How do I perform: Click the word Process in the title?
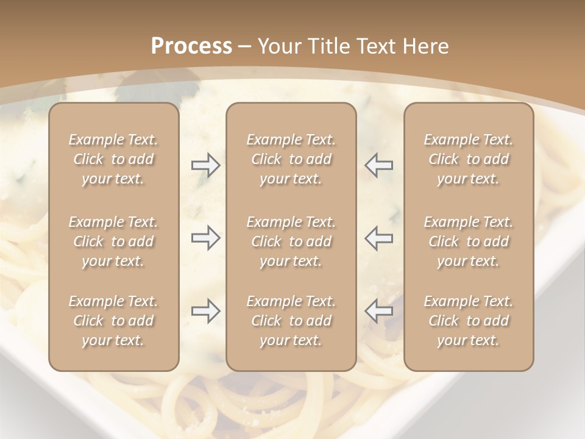click(191, 46)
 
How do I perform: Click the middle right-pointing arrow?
click(206, 238)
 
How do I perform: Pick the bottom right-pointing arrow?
click(206, 311)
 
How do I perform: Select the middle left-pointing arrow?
click(378, 238)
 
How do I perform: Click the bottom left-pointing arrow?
click(378, 311)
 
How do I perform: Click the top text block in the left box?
click(113, 159)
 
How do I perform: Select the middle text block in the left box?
click(113, 241)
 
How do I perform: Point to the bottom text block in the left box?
click(113, 321)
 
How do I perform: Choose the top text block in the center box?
click(291, 159)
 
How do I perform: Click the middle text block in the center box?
click(291, 241)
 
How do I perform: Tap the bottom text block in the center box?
click(291, 321)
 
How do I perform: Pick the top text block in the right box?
click(468, 159)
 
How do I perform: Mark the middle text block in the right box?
click(468, 241)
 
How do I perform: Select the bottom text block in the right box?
click(468, 321)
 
